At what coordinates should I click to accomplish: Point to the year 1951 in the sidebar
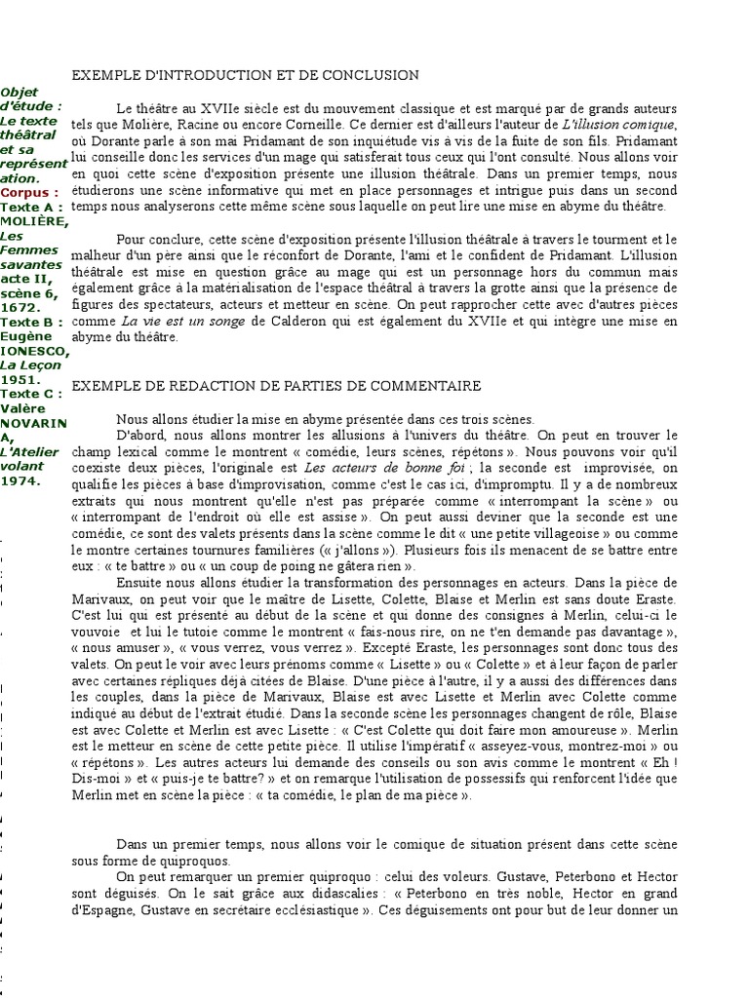[19, 379]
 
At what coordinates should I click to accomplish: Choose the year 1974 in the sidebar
[19, 480]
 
